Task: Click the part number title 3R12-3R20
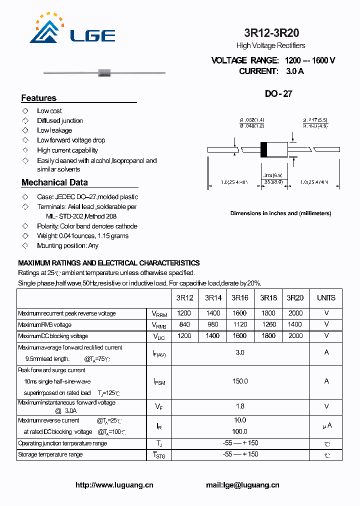[271, 33]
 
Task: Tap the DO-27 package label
[278, 93]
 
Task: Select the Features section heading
[39, 98]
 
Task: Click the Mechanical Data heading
[54, 182]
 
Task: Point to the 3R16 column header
[240, 298]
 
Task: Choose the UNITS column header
[326, 298]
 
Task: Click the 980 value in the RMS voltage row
[212, 324]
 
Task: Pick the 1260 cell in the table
[268, 324]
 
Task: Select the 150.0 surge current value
[240, 381]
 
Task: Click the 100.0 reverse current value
[240, 431]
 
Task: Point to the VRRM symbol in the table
[159, 314]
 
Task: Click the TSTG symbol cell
[159, 455]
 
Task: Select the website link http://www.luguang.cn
[114, 485]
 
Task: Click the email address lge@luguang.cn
[242, 485]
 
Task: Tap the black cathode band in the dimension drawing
[264, 149]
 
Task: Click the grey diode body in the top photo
[104, 73]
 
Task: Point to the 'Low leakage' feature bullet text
[54, 130]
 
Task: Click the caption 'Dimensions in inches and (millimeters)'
[280, 213]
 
